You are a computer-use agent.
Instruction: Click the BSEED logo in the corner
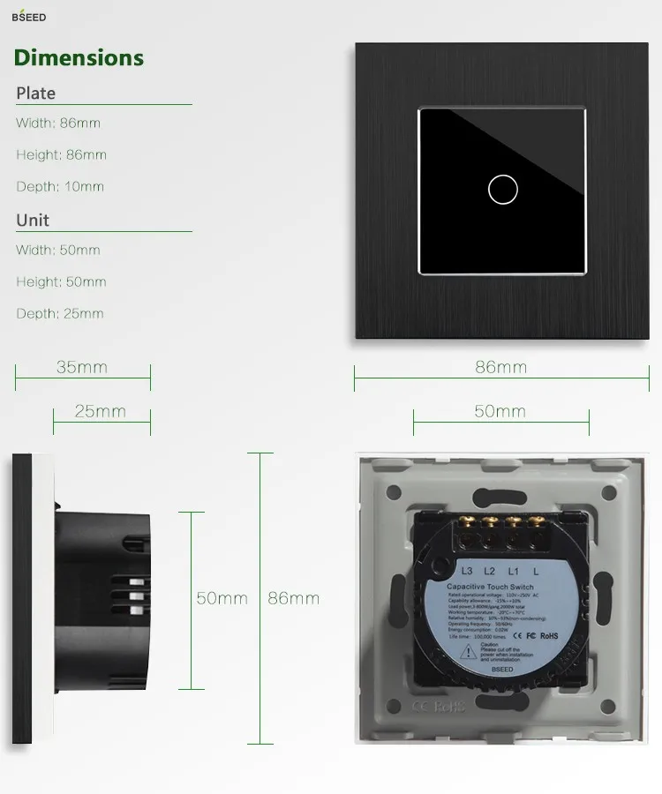[x=28, y=17]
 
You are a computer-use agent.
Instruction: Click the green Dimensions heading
[x=79, y=58]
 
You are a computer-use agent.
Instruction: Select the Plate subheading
[x=36, y=94]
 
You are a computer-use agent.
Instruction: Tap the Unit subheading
[x=33, y=221]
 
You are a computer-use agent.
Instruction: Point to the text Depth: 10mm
[x=60, y=187]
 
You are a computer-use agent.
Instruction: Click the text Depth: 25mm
[x=60, y=314]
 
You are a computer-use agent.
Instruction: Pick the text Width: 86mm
[x=58, y=124]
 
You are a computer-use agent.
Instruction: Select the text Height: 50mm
[x=61, y=282]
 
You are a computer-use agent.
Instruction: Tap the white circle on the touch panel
[x=502, y=188]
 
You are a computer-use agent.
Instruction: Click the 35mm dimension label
[x=82, y=367]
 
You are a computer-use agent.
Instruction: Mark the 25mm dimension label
[x=100, y=411]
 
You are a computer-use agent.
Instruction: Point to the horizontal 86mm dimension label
[x=500, y=367]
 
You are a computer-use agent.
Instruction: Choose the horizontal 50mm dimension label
[x=500, y=411]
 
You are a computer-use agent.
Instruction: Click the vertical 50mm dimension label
[x=222, y=598]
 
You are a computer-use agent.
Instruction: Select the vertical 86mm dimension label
[x=294, y=598]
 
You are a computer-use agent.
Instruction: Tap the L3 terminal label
[x=467, y=570]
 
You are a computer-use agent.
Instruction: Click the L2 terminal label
[x=489, y=570]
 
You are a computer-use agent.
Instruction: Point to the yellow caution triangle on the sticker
[x=466, y=650]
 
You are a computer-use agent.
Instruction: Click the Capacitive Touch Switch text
[x=490, y=587]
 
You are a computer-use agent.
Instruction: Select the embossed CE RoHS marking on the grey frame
[x=439, y=707]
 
